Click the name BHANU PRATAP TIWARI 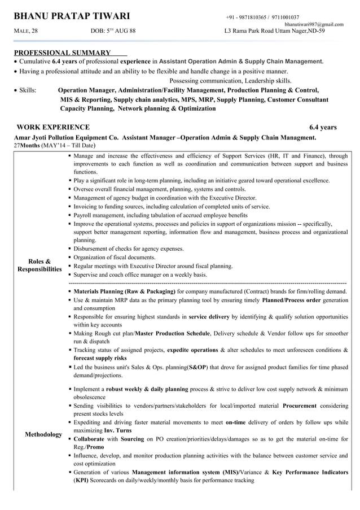tap(72, 16)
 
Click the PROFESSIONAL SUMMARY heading tap(62, 52)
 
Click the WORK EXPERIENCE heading tap(53, 127)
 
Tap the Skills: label tap(28, 90)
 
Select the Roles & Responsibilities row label tap(39, 265)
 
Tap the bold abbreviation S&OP tap(197, 367)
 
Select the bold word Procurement tap(299, 406)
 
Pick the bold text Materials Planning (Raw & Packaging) tap(124, 291)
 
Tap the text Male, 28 tap(25, 31)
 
